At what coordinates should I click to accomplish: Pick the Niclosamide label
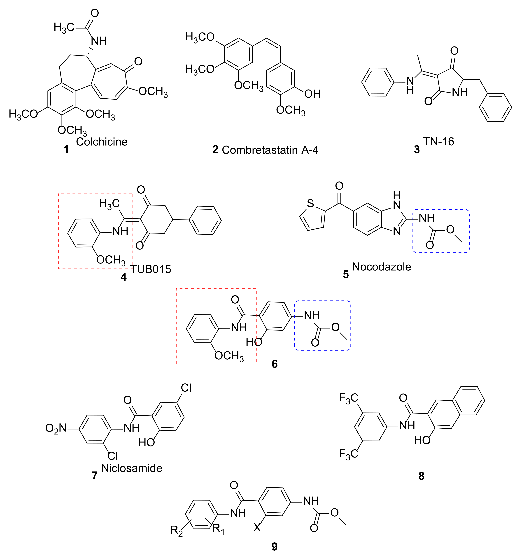tap(132, 468)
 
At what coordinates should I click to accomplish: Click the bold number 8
tap(421, 476)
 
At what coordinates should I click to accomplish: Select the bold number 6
tap(274, 364)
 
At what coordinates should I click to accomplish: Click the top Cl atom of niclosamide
tap(186, 388)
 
